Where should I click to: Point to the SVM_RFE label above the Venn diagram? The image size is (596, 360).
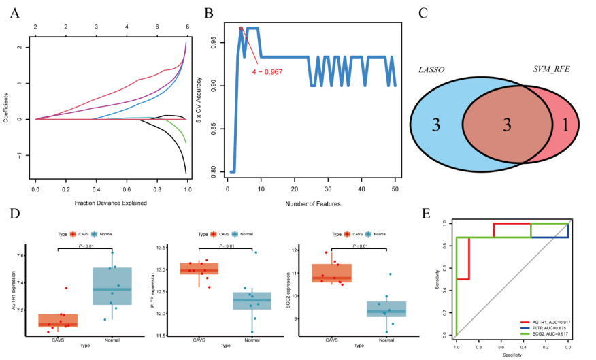click(x=551, y=71)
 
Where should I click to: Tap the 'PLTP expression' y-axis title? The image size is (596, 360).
click(x=148, y=291)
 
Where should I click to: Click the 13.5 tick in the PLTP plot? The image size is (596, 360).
click(x=161, y=247)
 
